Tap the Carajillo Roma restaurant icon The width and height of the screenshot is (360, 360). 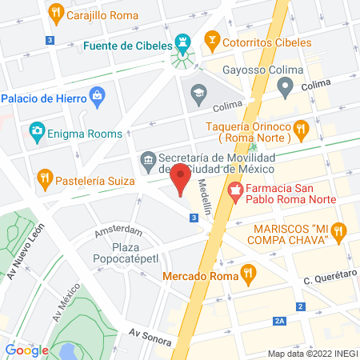pyautogui.click(x=55, y=13)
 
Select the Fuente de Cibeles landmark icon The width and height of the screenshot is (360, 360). pyautogui.click(x=183, y=40)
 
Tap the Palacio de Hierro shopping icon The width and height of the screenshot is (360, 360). pyautogui.click(x=97, y=98)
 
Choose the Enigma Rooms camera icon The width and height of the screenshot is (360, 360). pyautogui.click(x=37, y=130)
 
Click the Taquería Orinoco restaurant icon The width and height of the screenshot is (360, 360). pyautogui.click(x=301, y=128)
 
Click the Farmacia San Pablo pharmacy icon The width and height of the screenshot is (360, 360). pyautogui.click(x=235, y=190)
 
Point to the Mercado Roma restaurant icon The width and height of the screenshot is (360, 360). pyautogui.click(x=249, y=272)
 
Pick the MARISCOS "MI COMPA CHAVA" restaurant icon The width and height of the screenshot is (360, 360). pyautogui.click(x=339, y=233)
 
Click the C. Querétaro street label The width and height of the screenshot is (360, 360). pyautogui.click(x=328, y=280)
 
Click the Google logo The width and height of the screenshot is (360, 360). pyautogui.click(x=26, y=350)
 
